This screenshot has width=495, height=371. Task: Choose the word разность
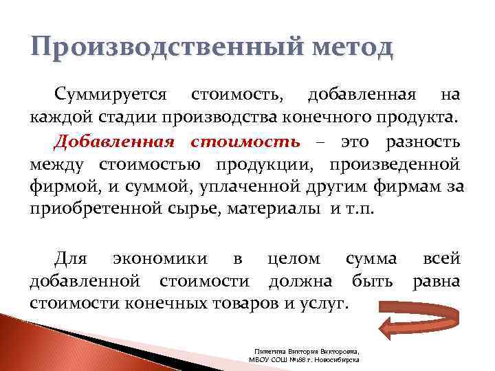pos(423,142)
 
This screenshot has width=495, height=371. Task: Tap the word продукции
pos(265,165)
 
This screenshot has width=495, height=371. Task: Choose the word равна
pos(435,281)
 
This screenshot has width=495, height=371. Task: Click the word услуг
pos(322,303)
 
